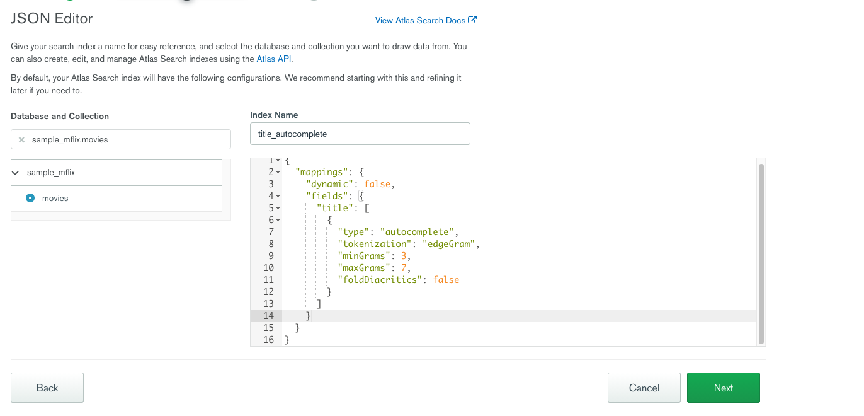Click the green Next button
(x=723, y=388)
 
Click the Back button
(x=47, y=388)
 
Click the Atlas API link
(x=274, y=59)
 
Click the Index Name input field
(x=360, y=134)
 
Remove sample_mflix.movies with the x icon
(x=21, y=140)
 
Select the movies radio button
(x=30, y=198)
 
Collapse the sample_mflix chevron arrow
(x=16, y=173)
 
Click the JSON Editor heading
(x=52, y=19)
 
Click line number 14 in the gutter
(x=268, y=316)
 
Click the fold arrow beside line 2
(x=278, y=173)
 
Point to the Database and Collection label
(x=60, y=116)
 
